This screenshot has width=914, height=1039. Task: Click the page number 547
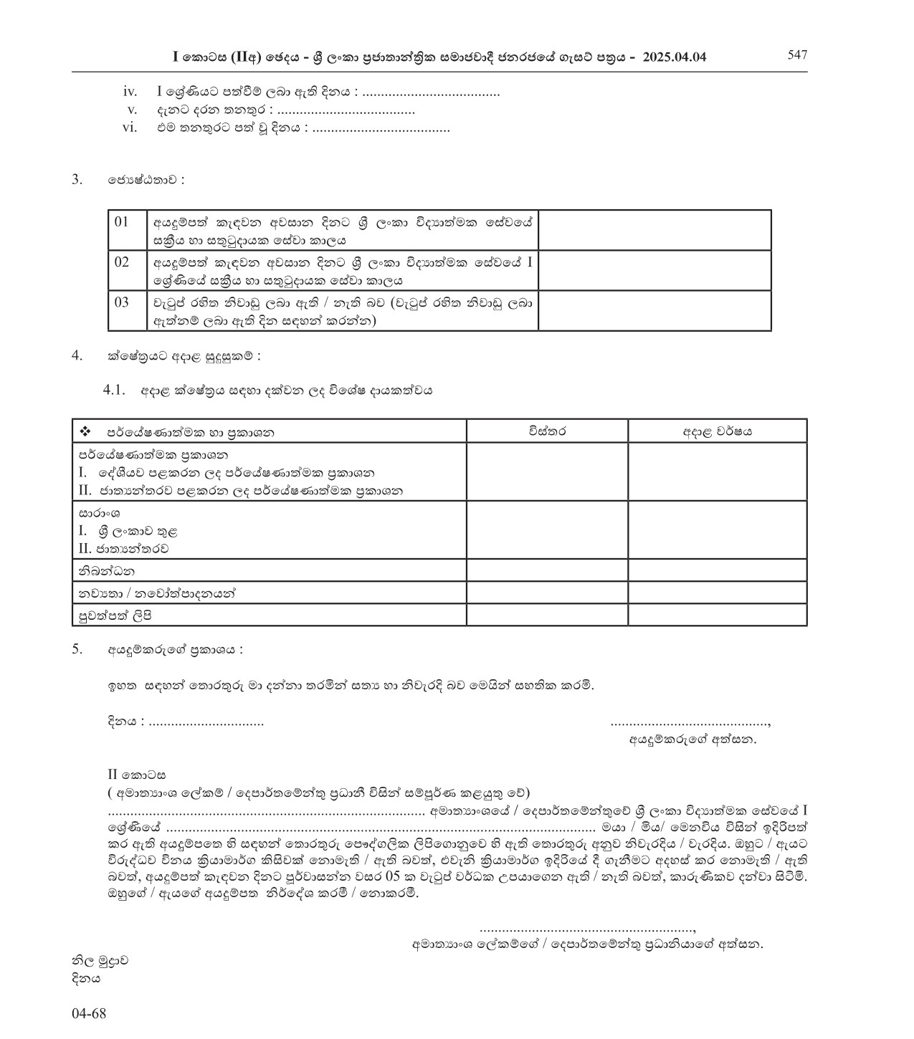point(797,55)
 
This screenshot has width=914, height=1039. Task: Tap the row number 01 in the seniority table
point(122,222)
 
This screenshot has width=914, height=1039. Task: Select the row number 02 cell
point(122,262)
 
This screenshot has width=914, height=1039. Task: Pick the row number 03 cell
point(122,302)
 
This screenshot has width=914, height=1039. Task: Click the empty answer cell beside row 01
point(654,230)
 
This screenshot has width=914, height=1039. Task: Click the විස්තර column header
point(547,431)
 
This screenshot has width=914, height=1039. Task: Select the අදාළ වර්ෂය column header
point(717,431)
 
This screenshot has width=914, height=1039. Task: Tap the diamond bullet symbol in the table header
point(85,431)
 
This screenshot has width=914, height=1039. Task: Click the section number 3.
point(77,179)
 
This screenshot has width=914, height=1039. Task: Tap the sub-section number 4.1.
point(115,391)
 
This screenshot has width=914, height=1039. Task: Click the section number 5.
point(77,650)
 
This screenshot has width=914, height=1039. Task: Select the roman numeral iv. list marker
point(130,92)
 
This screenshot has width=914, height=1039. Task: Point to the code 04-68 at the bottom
point(89,1014)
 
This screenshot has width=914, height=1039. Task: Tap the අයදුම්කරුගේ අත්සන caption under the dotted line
point(692,739)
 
